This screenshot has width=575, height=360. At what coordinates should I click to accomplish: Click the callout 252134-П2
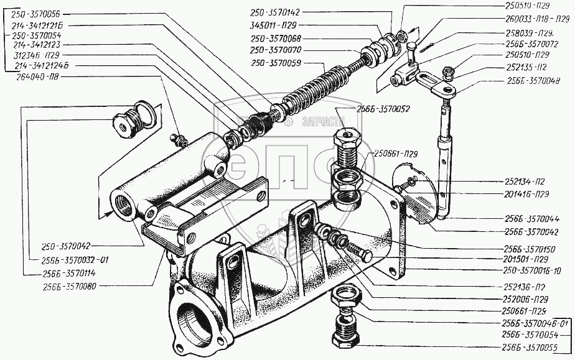(x=528, y=183)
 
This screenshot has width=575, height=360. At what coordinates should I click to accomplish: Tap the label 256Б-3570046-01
(x=533, y=323)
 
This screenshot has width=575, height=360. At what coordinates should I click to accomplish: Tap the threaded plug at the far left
(x=125, y=124)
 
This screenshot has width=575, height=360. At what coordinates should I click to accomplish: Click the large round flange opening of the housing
(x=193, y=321)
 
